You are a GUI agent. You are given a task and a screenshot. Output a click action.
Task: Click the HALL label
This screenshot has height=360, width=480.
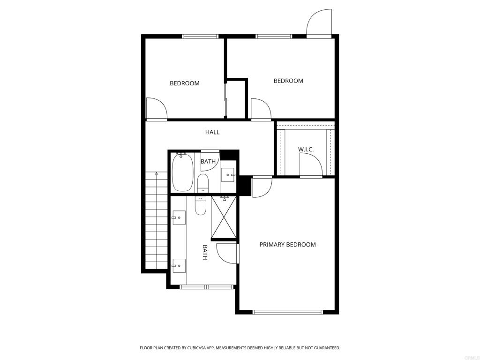click(x=212, y=132)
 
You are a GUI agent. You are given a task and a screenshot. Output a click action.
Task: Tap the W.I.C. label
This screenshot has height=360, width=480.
click(x=306, y=150)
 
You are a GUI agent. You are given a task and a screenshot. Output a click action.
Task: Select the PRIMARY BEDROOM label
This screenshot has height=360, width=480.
click(x=287, y=245)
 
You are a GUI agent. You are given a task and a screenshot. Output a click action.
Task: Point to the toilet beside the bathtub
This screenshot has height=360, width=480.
click(x=202, y=183)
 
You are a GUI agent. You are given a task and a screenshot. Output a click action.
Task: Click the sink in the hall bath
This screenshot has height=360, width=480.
click(x=228, y=175)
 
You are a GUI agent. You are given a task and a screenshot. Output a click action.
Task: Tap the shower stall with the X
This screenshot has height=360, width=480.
click(x=224, y=217)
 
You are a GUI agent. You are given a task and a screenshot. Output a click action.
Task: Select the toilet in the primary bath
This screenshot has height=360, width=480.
click(x=201, y=206)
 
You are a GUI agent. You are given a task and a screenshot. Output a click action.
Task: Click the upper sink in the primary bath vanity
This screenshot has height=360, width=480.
click(x=179, y=217)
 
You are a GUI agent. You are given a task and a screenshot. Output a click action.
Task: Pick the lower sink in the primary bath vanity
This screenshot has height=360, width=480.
click(x=179, y=266)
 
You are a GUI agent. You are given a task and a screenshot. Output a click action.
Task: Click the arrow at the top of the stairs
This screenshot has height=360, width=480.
click(x=157, y=174)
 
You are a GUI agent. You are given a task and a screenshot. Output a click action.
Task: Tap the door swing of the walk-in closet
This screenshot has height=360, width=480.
click(x=311, y=165)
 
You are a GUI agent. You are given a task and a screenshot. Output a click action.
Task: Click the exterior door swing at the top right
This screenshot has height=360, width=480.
click(x=319, y=23)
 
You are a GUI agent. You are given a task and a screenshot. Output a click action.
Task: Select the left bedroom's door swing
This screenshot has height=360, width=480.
click(x=157, y=108)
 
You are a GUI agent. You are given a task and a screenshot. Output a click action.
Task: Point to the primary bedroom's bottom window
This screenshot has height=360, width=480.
click(x=287, y=312)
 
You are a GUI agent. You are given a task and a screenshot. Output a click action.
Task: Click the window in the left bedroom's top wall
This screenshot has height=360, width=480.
click(x=200, y=37)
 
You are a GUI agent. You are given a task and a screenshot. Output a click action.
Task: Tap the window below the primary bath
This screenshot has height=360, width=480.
click(x=207, y=287)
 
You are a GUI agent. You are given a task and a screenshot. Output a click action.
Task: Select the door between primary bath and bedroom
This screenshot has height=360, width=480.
click(x=227, y=253)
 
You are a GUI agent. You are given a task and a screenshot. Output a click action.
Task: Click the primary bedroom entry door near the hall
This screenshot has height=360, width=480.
click(x=262, y=187)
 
